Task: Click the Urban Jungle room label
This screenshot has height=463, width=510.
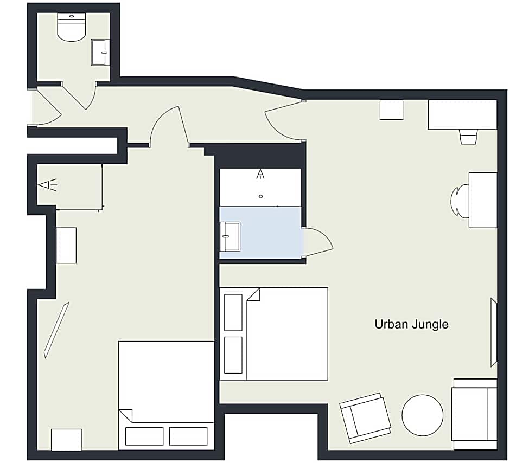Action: [411, 324]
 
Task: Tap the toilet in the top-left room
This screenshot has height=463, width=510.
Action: [72, 27]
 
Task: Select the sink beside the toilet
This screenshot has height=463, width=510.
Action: [100, 52]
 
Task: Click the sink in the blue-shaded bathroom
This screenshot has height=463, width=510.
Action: [230, 236]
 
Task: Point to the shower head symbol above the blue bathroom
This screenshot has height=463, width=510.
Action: [260, 174]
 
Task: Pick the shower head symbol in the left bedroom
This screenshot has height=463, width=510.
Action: [48, 185]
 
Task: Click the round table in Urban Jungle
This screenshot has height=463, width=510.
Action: [422, 415]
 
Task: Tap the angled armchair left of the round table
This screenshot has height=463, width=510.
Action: [365, 418]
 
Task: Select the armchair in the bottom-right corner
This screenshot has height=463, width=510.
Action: [474, 414]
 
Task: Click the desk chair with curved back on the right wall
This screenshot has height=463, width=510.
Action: [459, 201]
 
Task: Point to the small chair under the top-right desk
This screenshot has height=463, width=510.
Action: [469, 137]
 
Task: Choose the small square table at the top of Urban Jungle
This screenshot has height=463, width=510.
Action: [391, 110]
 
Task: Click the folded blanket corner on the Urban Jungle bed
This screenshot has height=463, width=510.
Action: [253, 294]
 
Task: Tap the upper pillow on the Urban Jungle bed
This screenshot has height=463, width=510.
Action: [233, 312]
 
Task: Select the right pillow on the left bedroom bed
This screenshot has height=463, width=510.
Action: [188, 436]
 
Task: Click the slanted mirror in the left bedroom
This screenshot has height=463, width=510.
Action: [56, 330]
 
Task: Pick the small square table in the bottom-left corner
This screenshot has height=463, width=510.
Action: [66, 440]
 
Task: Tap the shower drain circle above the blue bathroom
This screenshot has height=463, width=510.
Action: [260, 197]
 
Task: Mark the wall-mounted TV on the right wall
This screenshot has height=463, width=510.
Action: [494, 332]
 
